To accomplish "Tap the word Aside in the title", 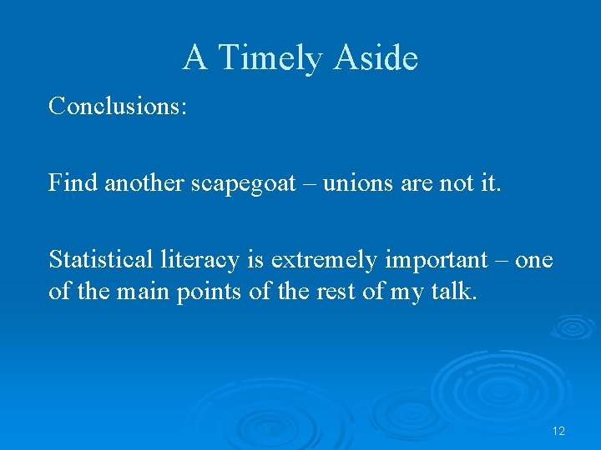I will [x=375, y=58].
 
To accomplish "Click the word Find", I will [x=73, y=182].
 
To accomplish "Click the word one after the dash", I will [x=534, y=261].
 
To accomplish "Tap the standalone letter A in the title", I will [x=194, y=58].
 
